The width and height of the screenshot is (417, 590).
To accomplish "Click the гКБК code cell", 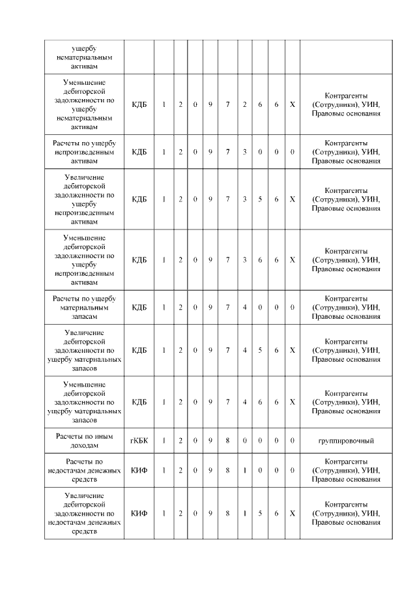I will (x=139, y=441).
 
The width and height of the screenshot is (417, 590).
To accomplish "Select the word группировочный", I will (x=346, y=441).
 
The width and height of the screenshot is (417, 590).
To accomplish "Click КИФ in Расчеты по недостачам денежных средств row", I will (x=139, y=470).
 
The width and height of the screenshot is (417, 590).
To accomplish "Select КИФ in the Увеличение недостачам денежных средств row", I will (x=139, y=513).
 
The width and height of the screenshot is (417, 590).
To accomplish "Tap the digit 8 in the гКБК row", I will (x=227, y=441).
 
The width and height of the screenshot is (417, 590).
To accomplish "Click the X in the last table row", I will (x=292, y=513).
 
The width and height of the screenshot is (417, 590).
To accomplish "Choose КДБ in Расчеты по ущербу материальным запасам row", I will (x=139, y=307).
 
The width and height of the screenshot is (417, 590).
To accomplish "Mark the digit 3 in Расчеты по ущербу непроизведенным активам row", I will (x=244, y=152).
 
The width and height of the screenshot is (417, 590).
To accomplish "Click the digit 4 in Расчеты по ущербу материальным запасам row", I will (x=244, y=307).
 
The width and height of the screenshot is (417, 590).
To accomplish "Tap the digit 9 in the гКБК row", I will (x=210, y=441).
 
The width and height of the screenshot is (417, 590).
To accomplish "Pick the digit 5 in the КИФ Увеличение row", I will (x=260, y=513).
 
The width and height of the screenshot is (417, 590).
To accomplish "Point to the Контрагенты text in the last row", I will (x=346, y=505).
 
